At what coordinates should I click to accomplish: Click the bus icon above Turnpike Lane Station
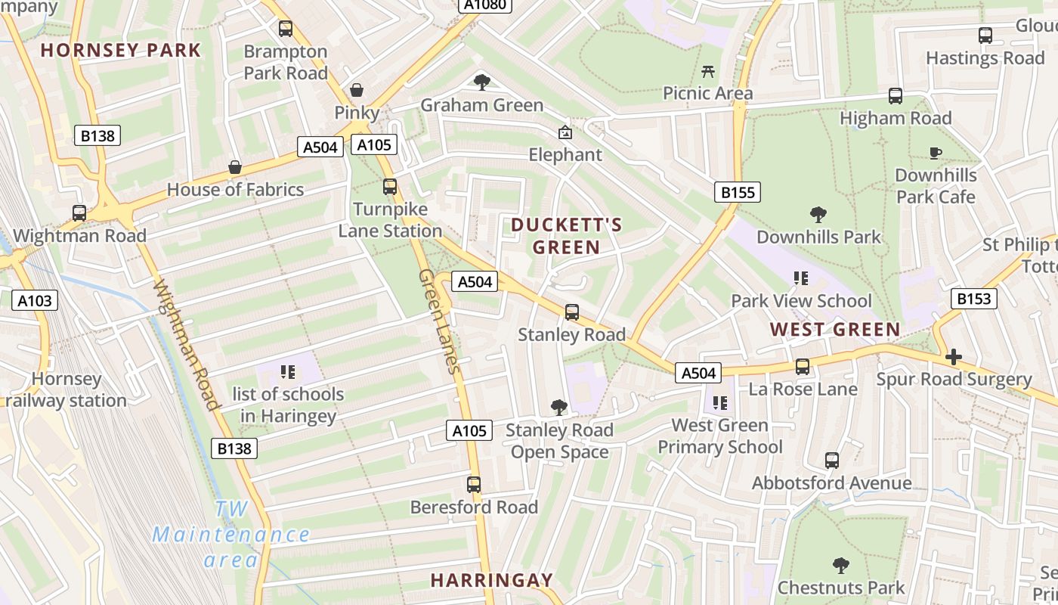[390, 186]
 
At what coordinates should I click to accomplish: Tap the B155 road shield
[737, 192]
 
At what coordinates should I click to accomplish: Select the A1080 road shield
[485, 5]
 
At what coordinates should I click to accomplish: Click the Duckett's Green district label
[567, 236]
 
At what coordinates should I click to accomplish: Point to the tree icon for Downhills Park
[818, 215]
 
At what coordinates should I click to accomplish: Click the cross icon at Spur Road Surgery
[954, 357]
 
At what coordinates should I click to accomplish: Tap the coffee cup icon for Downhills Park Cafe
[936, 154]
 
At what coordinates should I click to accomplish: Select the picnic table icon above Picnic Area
[708, 71]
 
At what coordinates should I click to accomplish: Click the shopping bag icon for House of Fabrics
[235, 167]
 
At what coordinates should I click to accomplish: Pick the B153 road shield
[973, 299]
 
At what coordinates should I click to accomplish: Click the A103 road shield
[35, 301]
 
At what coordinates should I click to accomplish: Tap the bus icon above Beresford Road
[474, 485]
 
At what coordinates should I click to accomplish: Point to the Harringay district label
[492, 581]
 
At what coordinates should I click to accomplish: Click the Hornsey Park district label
[121, 51]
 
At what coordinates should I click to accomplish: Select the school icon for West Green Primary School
[719, 403]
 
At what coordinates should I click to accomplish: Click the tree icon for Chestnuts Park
[840, 565]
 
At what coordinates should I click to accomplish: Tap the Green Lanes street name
[439, 321]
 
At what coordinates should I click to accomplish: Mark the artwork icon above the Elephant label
[565, 132]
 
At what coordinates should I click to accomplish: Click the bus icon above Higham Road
[896, 96]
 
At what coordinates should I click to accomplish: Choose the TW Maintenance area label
[231, 535]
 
